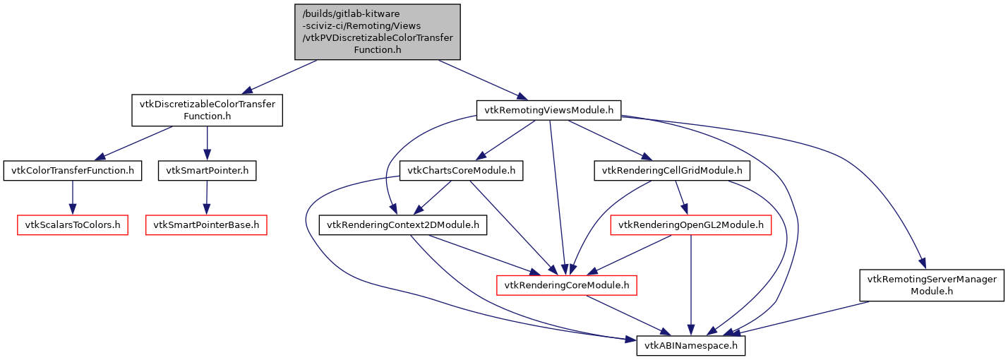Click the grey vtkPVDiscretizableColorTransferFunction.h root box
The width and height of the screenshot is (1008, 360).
(x=377, y=32)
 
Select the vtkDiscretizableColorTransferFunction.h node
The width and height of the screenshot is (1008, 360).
(x=207, y=110)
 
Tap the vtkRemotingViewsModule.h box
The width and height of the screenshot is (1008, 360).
(x=548, y=109)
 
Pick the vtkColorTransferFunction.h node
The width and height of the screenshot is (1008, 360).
(x=72, y=171)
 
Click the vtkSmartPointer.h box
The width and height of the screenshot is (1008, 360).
(x=207, y=171)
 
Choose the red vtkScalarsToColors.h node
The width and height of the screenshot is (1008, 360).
(x=72, y=226)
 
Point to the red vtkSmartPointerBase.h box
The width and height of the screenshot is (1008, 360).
(x=206, y=226)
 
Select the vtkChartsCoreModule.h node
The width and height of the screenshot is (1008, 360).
(x=461, y=171)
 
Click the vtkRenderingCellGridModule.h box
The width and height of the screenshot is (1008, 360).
(x=671, y=171)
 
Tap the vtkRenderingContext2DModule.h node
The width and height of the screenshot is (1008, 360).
(x=402, y=226)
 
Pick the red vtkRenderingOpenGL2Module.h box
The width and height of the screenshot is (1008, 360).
(x=690, y=226)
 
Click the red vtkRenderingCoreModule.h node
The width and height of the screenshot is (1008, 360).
(x=568, y=285)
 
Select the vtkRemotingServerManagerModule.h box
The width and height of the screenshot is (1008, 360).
(x=932, y=285)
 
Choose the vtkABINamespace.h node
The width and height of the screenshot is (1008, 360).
(x=691, y=346)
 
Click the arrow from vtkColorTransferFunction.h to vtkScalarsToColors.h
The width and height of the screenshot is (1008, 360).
(x=72, y=198)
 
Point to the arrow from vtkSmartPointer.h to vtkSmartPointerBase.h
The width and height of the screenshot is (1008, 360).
(x=206, y=198)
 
